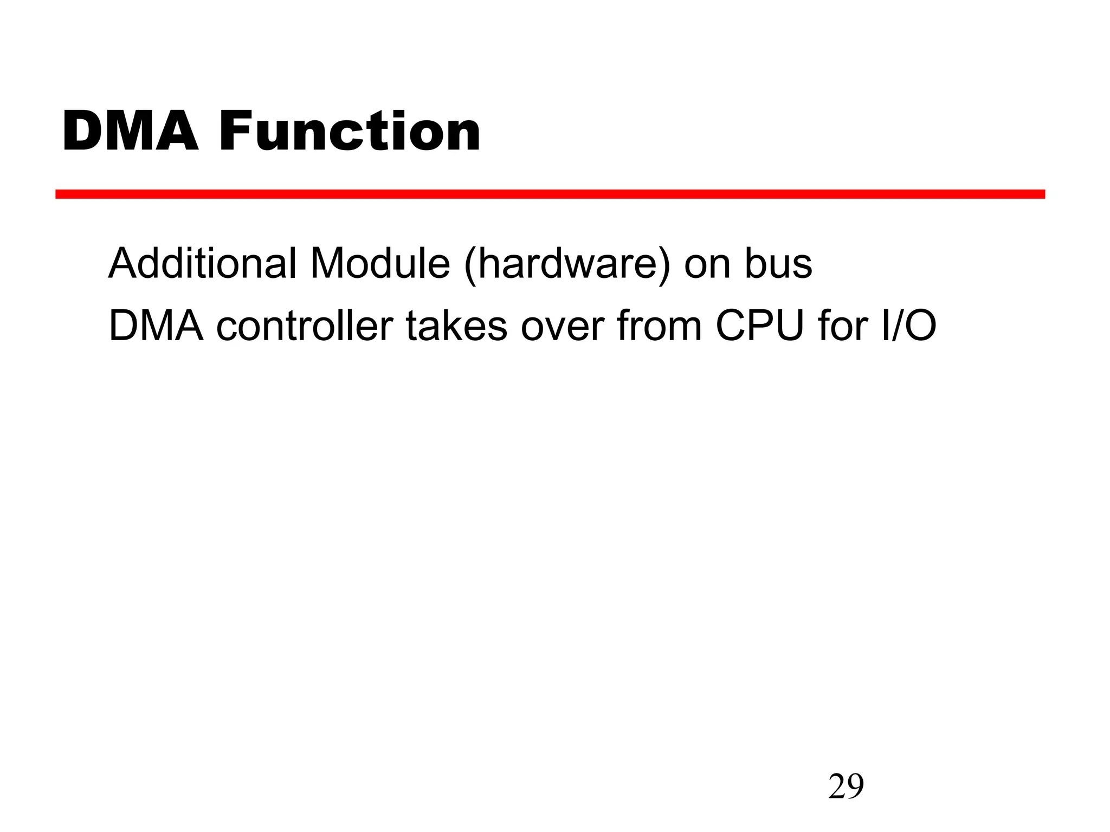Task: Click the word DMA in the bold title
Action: pyautogui.click(x=131, y=132)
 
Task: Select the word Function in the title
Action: pyautogui.click(x=350, y=132)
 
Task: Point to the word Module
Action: pyautogui.click(x=380, y=264)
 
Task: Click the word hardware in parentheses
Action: pyautogui.click(x=567, y=264)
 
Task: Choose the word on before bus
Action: pyautogui.click(x=707, y=264)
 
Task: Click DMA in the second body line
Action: pyautogui.click(x=156, y=326)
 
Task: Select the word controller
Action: pyautogui.click(x=305, y=326)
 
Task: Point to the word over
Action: pyautogui.click(x=562, y=326)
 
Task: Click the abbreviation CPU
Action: pyautogui.click(x=760, y=326)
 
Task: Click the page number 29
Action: pyautogui.click(x=846, y=786)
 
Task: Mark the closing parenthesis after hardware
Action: pyautogui.click(x=663, y=265)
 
